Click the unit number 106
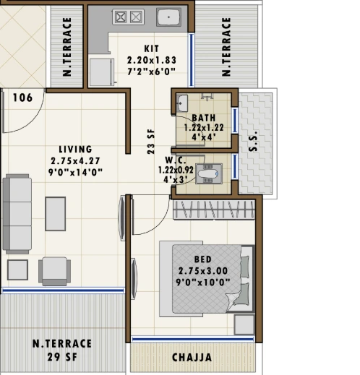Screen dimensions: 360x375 coord(22,98)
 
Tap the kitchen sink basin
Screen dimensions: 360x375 coord(168,17)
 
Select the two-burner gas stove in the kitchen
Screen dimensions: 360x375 coord(128,17)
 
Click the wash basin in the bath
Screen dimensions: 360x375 coord(182,103)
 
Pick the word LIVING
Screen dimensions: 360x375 coord(75,150)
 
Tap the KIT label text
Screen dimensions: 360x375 coord(152,48)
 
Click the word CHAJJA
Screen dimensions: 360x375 coord(192,358)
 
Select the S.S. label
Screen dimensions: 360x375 coord(253,142)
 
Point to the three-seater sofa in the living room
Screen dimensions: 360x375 coord(17,214)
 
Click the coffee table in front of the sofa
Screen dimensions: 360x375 coord(56,214)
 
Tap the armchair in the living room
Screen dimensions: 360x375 coord(55,272)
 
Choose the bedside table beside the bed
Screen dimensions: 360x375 coord(244,324)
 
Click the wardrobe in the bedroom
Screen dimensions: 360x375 coord(214,210)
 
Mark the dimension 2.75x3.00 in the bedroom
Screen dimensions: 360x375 coord(203,271)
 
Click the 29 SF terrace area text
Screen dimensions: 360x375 coord(62,357)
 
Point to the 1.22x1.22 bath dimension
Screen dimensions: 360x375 coord(204,128)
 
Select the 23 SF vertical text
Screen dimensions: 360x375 coord(151,142)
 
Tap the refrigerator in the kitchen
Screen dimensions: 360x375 coord(102,72)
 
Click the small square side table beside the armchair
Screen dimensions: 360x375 coord(17,270)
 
